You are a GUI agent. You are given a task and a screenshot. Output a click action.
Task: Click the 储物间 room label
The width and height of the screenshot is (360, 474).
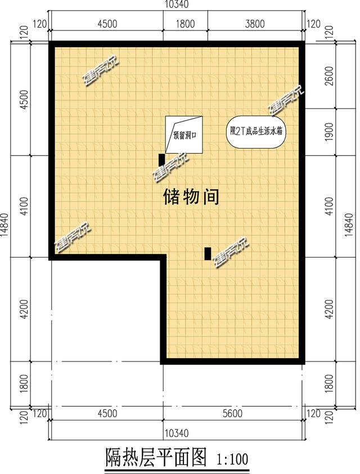click(x=191, y=197)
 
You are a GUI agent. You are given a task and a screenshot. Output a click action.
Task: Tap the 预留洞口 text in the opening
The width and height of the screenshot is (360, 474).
click(x=184, y=136)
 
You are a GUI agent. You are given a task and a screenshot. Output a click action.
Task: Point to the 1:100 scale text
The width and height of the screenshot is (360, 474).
click(x=232, y=458)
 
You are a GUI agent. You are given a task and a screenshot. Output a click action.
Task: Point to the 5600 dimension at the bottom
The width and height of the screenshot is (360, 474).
click(x=232, y=414)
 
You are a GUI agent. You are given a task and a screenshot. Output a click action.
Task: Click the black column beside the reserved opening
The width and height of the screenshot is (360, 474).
click(x=161, y=159)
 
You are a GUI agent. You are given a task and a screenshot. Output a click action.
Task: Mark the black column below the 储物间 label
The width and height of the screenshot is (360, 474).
click(x=208, y=254)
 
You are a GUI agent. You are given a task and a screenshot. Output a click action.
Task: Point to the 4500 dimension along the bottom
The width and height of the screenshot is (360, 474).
click(x=106, y=414)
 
